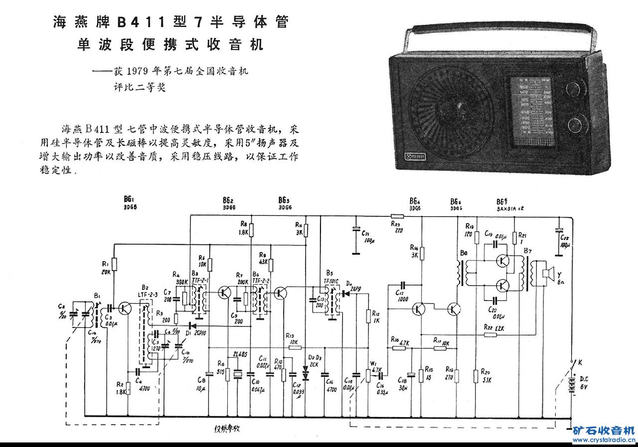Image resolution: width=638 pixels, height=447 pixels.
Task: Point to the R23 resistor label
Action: tap(397, 224)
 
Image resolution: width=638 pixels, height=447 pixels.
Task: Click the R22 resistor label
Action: tap(489, 327)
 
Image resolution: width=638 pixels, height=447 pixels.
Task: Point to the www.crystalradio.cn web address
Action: tap(604, 441)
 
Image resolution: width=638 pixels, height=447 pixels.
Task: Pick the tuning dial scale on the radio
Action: tap(531, 111)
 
